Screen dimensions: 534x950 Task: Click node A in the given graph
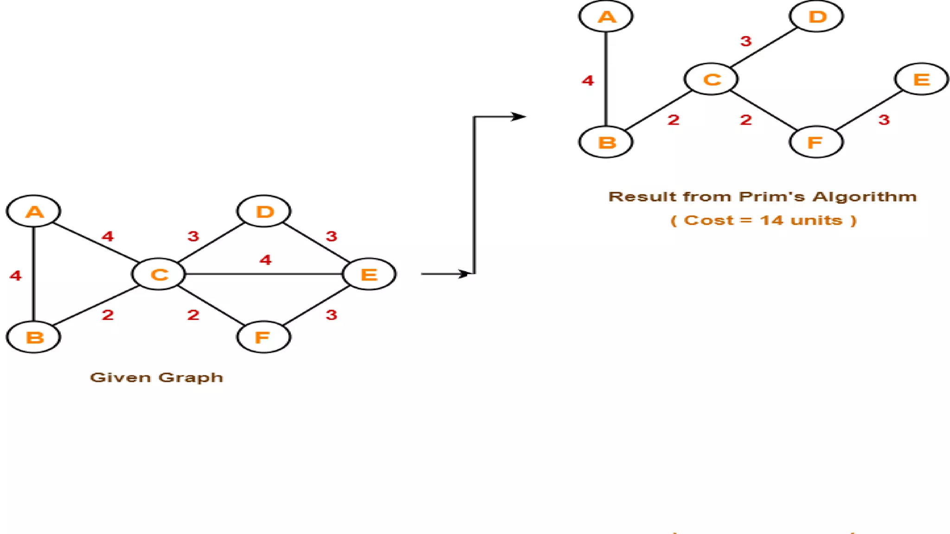pos(33,211)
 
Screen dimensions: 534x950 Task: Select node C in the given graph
pos(159,274)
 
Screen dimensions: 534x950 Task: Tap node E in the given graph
pos(369,274)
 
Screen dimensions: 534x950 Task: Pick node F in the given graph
pos(263,337)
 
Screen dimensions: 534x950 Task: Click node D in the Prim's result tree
pos(816,17)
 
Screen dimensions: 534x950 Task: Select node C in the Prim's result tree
pos(711,79)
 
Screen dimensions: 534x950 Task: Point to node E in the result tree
pos(921,79)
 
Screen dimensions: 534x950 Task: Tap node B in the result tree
pos(606,142)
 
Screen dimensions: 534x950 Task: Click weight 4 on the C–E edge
pos(265,260)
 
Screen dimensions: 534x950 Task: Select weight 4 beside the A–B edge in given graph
pos(16,276)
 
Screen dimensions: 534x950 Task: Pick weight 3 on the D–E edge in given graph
pos(331,236)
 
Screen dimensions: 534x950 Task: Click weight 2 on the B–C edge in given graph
pos(108,315)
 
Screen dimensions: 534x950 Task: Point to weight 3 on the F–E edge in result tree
pos(884,120)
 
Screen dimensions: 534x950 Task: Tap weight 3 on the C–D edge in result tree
pos(746,41)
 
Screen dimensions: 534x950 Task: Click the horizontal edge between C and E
pos(264,274)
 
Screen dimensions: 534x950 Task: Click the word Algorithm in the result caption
pos(865,197)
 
